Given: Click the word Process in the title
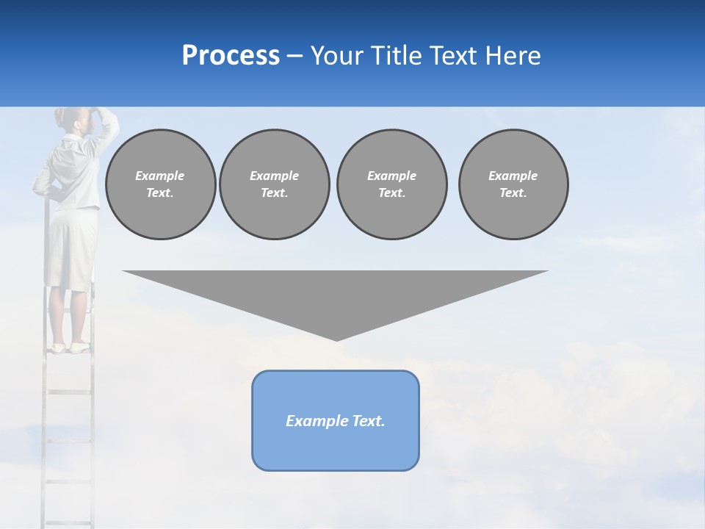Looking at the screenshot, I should pos(231,56).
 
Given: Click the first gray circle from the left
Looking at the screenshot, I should pos(160,184).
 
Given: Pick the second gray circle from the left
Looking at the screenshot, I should pos(274,184).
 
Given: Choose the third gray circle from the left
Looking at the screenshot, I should pos(391,184).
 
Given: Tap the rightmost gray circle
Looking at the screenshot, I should pos(513,184).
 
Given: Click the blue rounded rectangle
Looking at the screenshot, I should pos(336,420).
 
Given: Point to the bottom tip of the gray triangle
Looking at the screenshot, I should pos(336,339).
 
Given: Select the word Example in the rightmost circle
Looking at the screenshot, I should pos(513,176).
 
